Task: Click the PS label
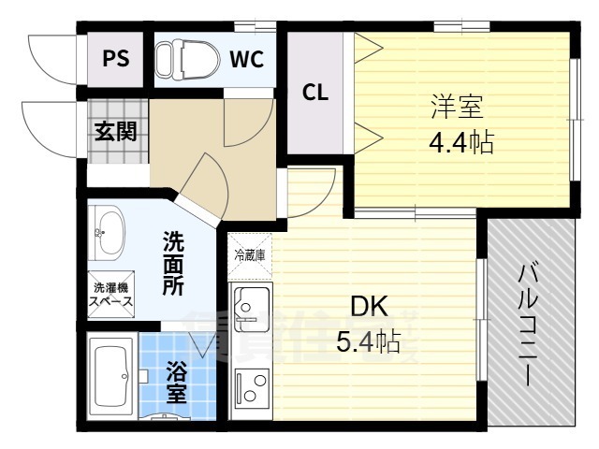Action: click(x=116, y=59)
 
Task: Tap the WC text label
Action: click(x=247, y=59)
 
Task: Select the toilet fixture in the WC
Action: click(x=178, y=60)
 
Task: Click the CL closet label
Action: click(x=314, y=93)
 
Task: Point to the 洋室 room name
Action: click(x=456, y=108)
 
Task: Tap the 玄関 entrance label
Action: click(x=115, y=131)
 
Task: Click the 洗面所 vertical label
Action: click(x=173, y=263)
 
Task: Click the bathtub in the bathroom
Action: click(x=114, y=376)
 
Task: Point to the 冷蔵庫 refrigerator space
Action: click(x=250, y=253)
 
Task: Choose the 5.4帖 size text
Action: click(x=369, y=342)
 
